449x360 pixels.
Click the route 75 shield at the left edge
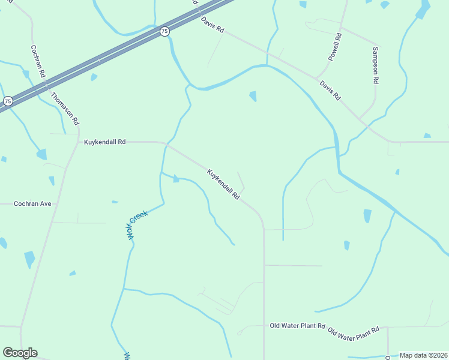pos(7,101)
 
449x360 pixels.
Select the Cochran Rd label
pos(38,61)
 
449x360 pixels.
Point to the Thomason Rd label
pos(65,108)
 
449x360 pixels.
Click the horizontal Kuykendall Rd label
pos(104,142)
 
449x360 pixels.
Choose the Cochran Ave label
pos(32,204)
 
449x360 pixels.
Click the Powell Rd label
pos(334,47)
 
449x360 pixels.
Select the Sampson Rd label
pos(376,65)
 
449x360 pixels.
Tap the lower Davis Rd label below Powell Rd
pos(330,91)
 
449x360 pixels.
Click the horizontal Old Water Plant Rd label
pos(297,326)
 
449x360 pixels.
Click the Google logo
pos(20,353)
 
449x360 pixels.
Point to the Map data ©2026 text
pos(423,355)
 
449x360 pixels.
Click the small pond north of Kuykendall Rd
pos(253,96)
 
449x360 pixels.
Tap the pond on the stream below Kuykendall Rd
pos(175,179)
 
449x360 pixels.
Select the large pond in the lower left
pos(29,259)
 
